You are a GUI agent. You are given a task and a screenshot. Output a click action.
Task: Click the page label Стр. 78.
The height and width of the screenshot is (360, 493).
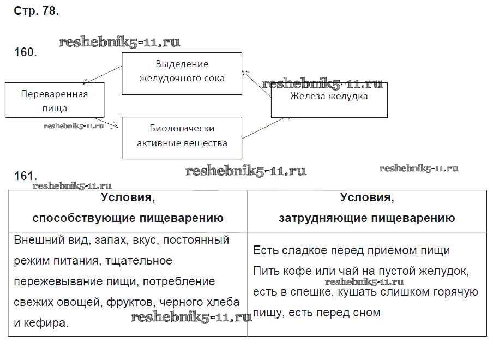(x=35, y=11)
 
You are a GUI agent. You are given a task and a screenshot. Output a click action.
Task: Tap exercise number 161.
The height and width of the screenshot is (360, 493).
(x=25, y=176)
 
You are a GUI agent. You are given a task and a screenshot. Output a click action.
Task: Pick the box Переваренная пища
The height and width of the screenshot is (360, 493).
(x=54, y=100)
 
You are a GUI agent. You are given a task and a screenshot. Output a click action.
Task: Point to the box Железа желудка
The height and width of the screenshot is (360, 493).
(x=329, y=97)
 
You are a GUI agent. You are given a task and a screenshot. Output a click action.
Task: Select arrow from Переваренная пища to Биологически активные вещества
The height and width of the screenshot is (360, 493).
(x=112, y=123)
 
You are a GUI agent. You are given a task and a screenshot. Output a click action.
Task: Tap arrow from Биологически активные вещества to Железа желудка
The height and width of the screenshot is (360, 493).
(x=256, y=127)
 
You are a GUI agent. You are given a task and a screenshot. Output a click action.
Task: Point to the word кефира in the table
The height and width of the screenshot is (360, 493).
(x=48, y=323)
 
